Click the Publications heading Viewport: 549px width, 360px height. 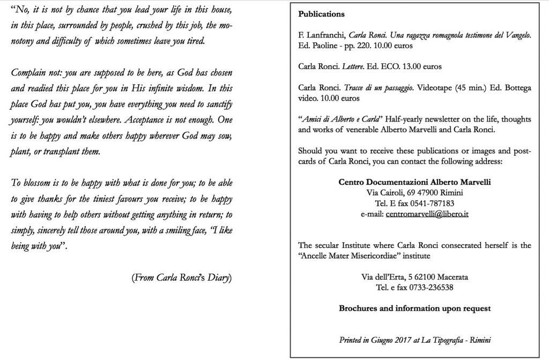[321, 14]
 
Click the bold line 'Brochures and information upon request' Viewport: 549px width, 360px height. [414, 309]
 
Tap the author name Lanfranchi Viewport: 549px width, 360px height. [325, 35]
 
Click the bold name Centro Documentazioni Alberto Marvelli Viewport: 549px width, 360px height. [414, 182]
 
